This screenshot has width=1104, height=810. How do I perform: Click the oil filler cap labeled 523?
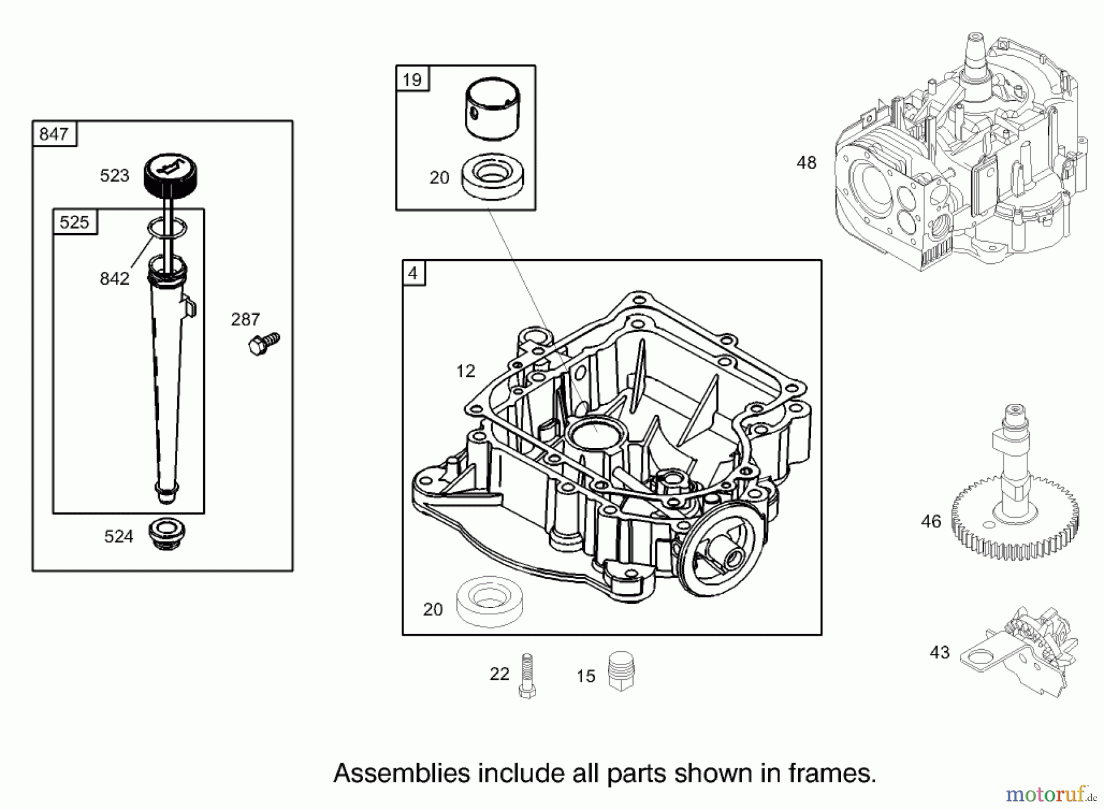point(171,174)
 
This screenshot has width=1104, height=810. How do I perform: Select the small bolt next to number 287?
point(264,344)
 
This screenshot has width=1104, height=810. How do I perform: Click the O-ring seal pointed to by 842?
point(167,229)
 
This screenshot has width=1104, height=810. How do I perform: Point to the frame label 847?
point(54,134)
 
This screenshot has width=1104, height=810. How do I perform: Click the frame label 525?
point(74,222)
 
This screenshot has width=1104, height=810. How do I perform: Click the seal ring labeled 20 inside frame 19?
point(493,176)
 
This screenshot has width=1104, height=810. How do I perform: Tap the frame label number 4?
point(413,273)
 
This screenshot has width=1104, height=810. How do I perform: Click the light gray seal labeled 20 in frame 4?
point(490,601)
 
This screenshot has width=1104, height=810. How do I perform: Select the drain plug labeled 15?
point(621,671)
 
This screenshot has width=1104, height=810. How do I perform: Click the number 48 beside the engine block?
point(806,163)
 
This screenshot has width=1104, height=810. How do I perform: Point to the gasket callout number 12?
point(466,371)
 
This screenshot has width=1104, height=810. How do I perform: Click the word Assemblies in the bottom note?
point(402,773)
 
